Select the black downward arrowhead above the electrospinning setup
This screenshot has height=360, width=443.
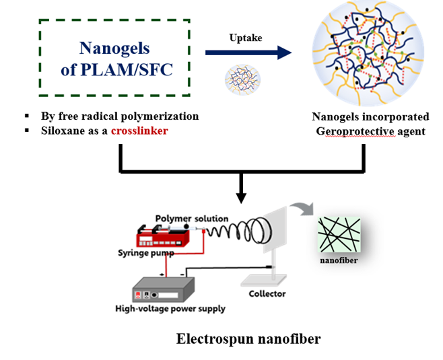coord(240,196)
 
